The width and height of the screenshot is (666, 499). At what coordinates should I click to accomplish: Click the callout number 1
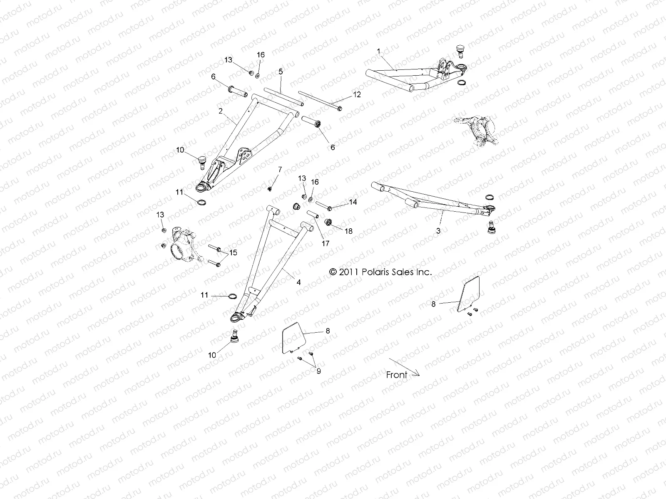378,51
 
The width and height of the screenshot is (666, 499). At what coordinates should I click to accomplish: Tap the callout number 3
438,230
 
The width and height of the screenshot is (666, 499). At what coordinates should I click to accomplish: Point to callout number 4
298,282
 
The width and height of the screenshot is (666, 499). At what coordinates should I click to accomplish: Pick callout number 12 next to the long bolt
357,94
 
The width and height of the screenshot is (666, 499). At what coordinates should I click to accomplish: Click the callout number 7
280,169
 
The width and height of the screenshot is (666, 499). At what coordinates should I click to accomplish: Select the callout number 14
353,202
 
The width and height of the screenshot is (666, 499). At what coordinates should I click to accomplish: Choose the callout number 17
326,244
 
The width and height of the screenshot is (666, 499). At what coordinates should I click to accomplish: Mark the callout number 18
348,231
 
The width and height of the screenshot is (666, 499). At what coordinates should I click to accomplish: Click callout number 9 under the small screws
318,371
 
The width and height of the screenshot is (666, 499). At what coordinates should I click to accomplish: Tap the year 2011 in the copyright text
349,272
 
